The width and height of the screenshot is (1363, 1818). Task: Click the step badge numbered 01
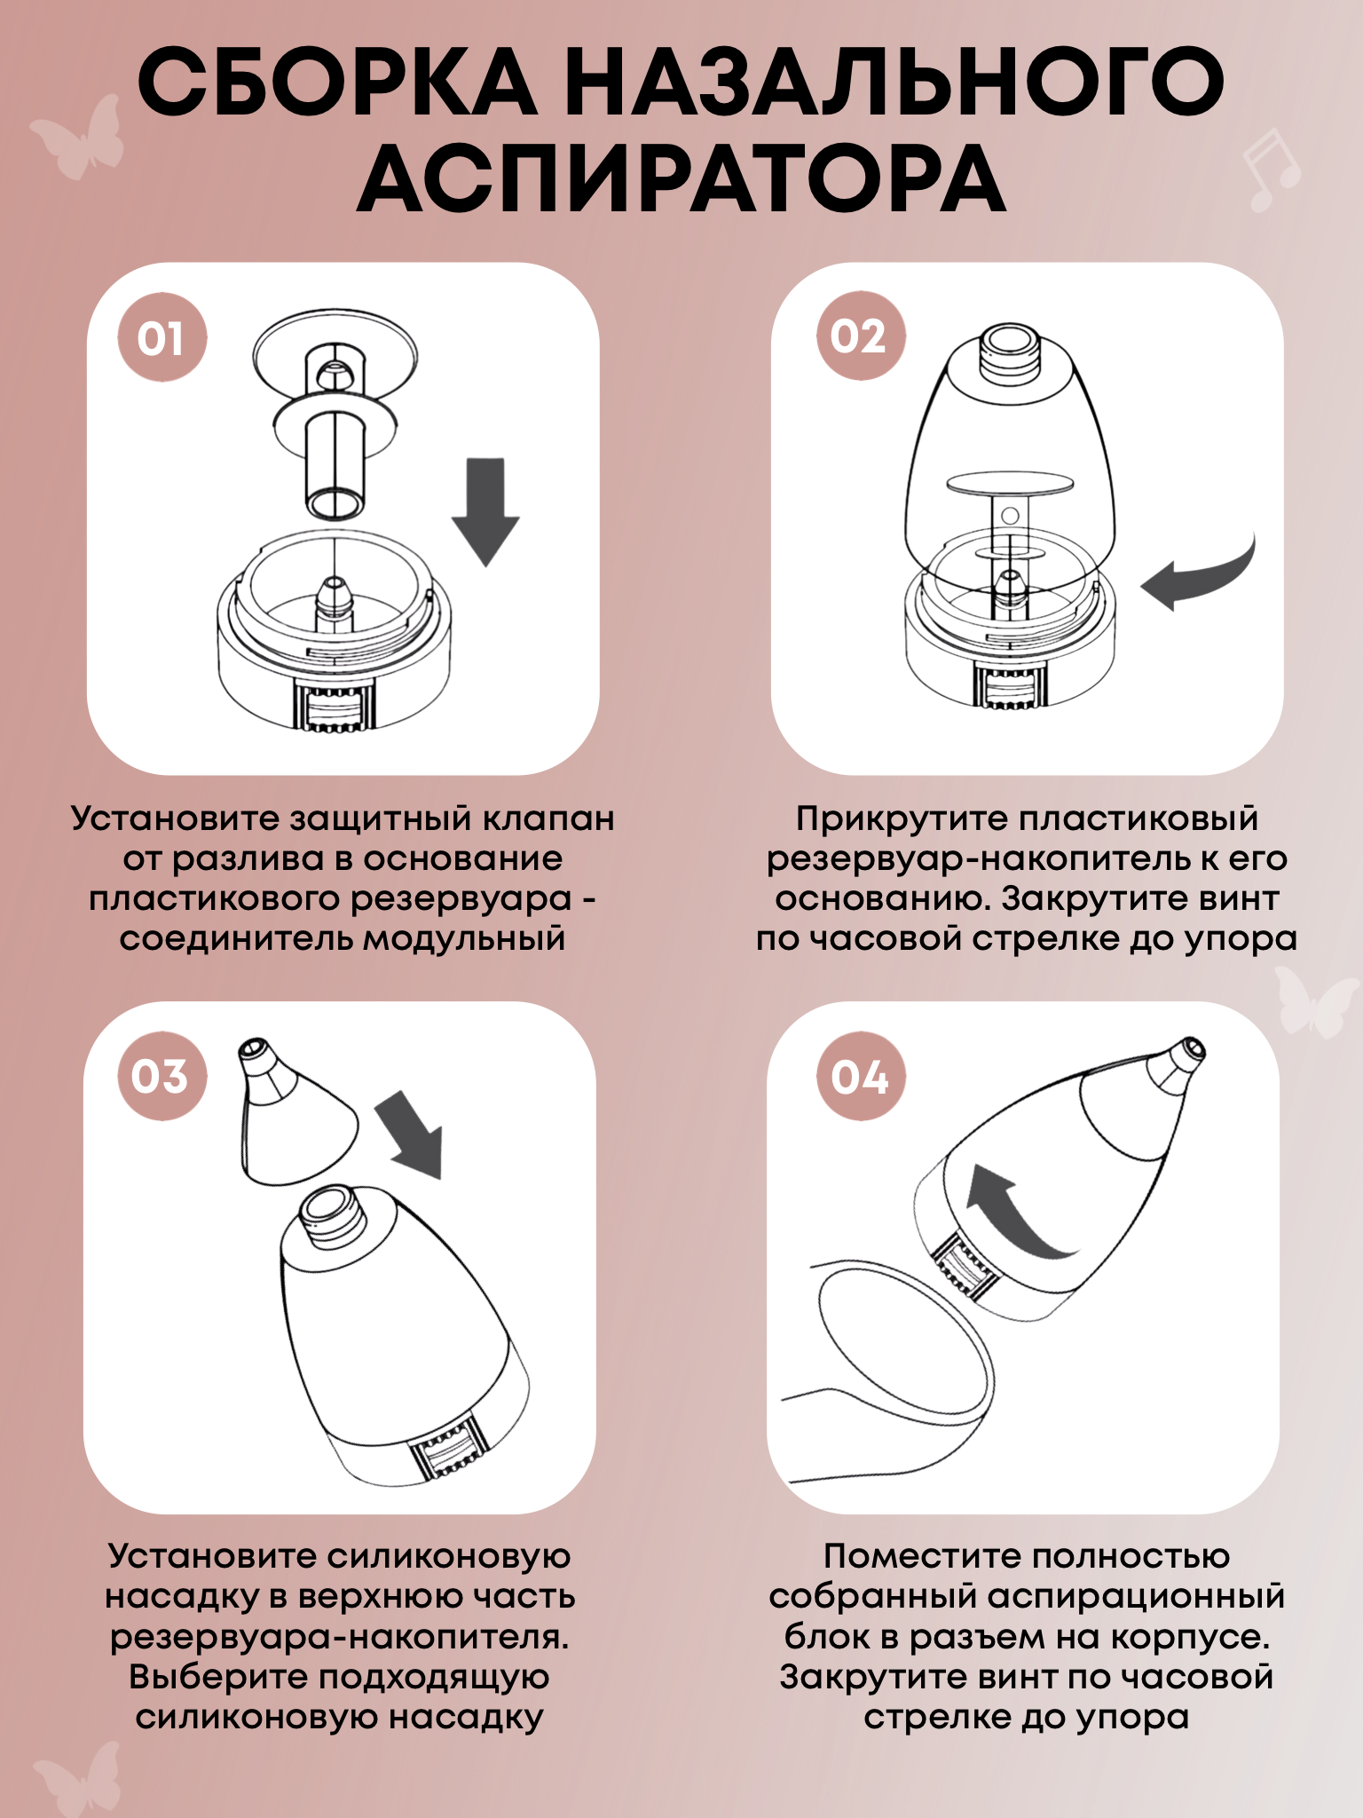point(162,337)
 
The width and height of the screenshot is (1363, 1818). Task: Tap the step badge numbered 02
point(860,336)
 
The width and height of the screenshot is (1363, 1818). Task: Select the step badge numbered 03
point(162,1076)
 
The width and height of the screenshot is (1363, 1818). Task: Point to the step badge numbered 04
point(860,1076)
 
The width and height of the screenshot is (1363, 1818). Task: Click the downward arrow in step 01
point(485,512)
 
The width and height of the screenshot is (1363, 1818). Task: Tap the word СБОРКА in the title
point(337,82)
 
